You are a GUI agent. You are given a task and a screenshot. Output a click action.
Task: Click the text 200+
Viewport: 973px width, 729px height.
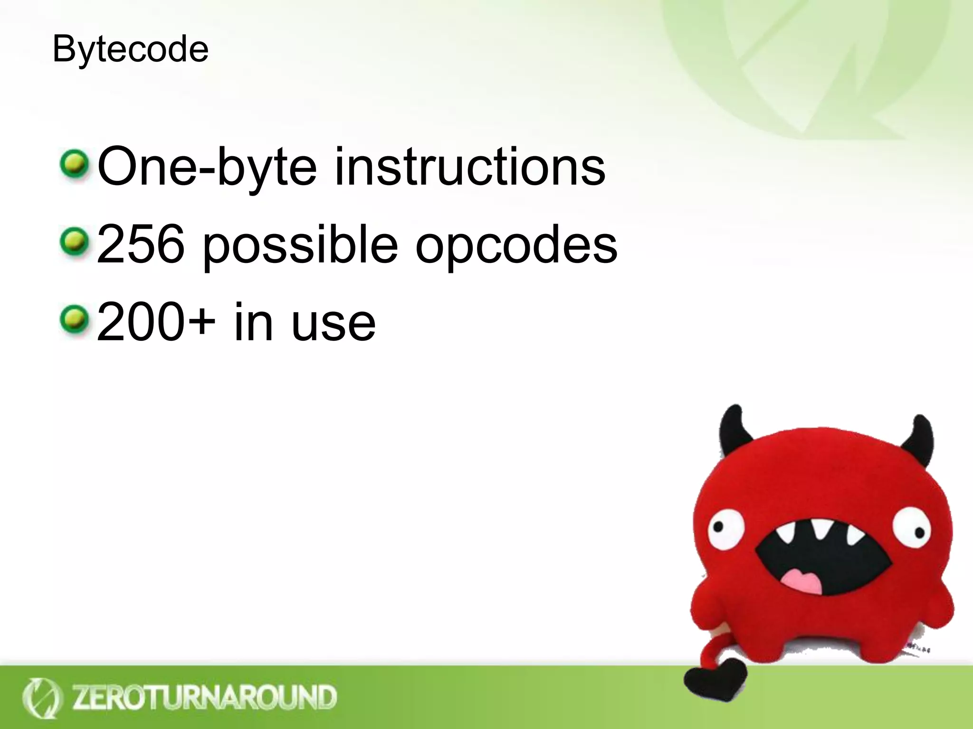pyautogui.click(x=156, y=323)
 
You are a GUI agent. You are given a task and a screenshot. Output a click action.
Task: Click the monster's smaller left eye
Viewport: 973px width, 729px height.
pyautogui.click(x=725, y=529)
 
